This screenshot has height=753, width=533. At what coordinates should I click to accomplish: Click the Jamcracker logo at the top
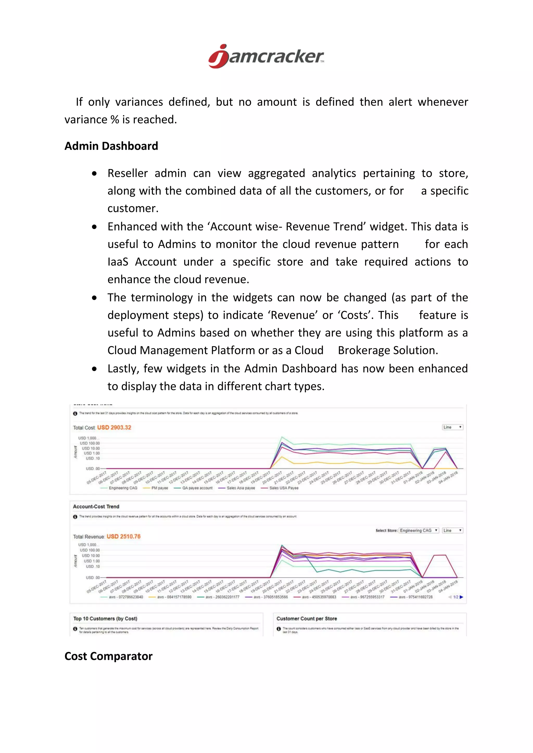tap(266, 56)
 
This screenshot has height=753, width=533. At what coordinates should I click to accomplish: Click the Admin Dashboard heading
tap(111, 146)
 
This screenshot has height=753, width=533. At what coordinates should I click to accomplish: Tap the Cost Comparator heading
tap(108, 656)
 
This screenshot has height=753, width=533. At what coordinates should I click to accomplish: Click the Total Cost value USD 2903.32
tap(114, 427)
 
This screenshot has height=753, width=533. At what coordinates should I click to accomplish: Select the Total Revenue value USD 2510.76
tap(123, 537)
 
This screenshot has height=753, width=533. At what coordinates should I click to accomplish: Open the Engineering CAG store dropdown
tap(418, 530)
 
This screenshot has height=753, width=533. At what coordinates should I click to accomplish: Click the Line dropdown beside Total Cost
tap(452, 427)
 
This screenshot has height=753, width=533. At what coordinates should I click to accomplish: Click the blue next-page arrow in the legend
tap(461, 597)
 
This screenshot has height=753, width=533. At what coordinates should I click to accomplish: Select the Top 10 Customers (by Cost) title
tap(105, 619)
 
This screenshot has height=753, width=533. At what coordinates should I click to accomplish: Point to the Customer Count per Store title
tap(307, 619)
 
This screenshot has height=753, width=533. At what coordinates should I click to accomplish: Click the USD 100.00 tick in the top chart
tap(90, 443)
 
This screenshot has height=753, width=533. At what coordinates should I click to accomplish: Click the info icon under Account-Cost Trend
tap(75, 517)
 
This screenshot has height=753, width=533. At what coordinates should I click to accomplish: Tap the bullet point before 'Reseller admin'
tap(94, 173)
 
